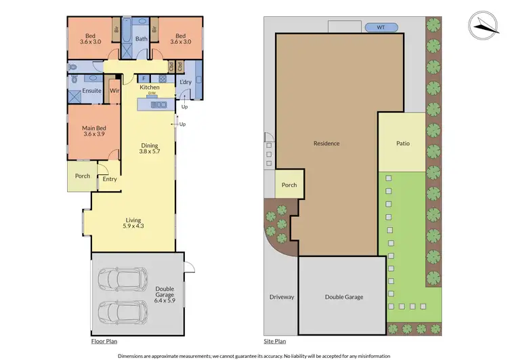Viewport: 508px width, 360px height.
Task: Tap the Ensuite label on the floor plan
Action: tap(91, 90)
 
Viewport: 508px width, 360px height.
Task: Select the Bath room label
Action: tap(141, 39)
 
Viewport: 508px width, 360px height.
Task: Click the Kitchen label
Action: tap(149, 87)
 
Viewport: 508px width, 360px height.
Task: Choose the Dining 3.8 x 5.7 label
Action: tap(150, 148)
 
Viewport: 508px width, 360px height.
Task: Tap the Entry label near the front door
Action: tap(110, 179)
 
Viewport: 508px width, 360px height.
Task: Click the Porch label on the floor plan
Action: tap(83, 176)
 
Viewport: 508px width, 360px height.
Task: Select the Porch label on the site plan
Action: tap(289, 184)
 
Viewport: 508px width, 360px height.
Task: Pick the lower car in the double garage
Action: tap(123, 312)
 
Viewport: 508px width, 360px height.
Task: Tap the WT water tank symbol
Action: tap(381, 28)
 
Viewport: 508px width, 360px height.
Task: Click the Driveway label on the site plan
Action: tap(280, 297)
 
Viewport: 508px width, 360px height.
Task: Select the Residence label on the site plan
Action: tap(326, 143)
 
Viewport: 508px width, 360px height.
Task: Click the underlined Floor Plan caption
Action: tap(104, 341)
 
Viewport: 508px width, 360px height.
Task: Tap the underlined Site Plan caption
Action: tap(274, 341)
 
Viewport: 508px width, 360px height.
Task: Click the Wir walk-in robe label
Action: tap(114, 90)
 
